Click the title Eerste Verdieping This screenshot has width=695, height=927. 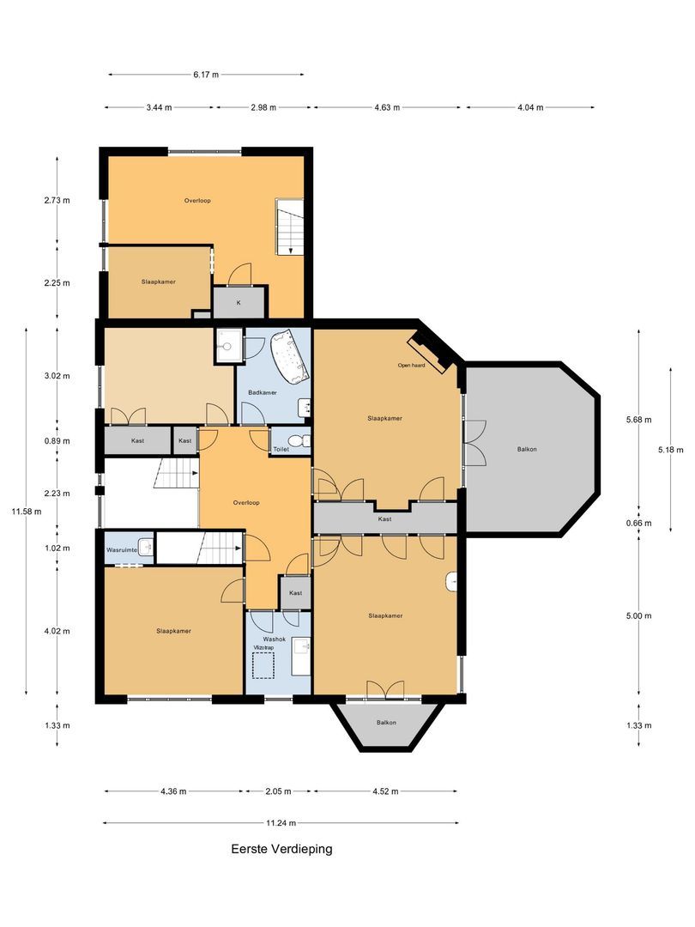[281, 849]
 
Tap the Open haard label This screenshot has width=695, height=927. [412, 365]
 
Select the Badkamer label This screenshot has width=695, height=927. [261, 392]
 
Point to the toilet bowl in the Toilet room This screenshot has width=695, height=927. [296, 442]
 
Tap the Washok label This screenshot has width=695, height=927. [275, 639]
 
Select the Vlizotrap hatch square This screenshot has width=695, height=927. [263, 663]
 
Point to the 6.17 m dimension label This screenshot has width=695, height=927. [205, 75]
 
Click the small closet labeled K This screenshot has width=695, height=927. [239, 303]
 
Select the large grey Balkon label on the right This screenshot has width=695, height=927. [529, 449]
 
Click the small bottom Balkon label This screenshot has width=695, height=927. [386, 723]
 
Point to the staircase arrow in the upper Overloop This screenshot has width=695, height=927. [291, 249]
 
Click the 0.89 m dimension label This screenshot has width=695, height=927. [57, 441]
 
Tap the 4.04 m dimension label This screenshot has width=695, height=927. [529, 107]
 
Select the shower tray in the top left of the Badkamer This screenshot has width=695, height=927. [227, 346]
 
